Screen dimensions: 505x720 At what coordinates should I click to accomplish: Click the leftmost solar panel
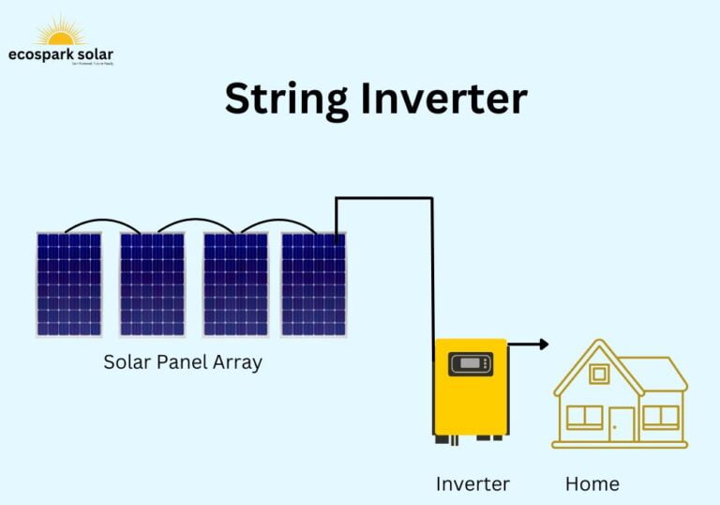68,284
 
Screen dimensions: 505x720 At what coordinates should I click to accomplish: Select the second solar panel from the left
152,284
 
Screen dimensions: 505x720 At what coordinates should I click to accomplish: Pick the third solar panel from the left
235,284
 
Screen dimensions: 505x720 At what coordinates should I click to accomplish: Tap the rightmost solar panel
313,284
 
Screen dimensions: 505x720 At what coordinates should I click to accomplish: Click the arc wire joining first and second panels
103,222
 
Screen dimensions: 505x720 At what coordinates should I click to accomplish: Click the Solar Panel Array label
183,362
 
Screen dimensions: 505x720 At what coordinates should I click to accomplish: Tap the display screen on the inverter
471,363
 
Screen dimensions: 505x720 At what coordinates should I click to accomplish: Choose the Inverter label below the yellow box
472,484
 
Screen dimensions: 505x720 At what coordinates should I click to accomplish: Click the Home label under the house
592,484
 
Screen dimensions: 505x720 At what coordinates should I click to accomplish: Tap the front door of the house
622,423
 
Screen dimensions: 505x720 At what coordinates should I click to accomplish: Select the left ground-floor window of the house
584,417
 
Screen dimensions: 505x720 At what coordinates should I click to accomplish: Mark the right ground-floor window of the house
660,417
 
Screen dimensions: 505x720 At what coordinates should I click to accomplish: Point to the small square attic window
599,374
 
